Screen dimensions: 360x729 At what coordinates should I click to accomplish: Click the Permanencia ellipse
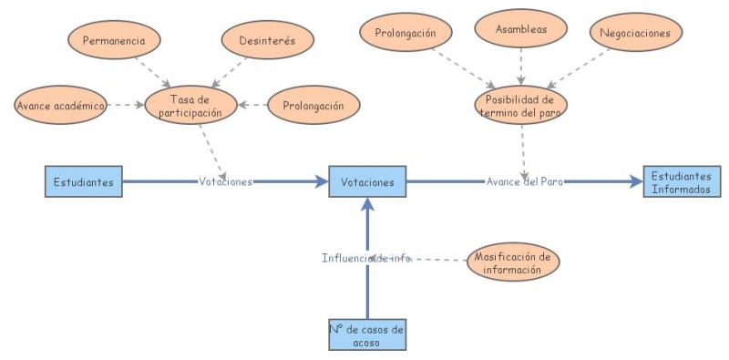pyautogui.click(x=115, y=41)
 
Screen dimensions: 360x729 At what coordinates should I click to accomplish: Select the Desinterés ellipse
pyautogui.click(x=268, y=41)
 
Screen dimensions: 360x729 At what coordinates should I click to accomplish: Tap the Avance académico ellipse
pyautogui.click(x=60, y=105)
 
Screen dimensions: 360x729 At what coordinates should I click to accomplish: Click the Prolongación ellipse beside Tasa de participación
pyautogui.click(x=313, y=106)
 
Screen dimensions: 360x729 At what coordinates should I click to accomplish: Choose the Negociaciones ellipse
pyautogui.click(x=635, y=34)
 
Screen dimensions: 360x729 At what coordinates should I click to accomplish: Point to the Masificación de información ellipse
pyautogui.click(x=512, y=262)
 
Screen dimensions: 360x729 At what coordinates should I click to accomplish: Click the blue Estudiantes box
pyautogui.click(x=83, y=181)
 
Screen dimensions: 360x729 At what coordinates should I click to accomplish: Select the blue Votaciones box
pyautogui.click(x=367, y=181)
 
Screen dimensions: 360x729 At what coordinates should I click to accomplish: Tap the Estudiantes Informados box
pyautogui.click(x=682, y=182)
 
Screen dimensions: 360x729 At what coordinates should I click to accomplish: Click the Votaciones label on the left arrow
pyautogui.click(x=225, y=181)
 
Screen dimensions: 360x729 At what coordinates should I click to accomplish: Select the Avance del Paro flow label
pyautogui.click(x=524, y=181)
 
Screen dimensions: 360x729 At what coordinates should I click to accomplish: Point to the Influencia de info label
pyautogui.click(x=366, y=258)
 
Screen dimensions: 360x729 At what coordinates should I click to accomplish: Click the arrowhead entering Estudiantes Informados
pyautogui.click(x=635, y=181)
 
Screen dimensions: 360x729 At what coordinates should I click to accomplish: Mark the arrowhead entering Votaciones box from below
pyautogui.click(x=367, y=205)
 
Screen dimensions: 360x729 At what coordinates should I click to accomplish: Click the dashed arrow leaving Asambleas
pyautogui.click(x=521, y=66)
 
